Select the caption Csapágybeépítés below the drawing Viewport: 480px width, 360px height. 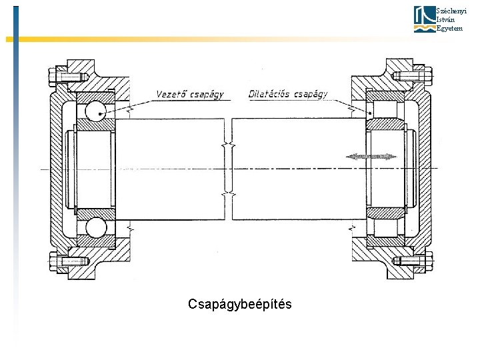click(x=239, y=305)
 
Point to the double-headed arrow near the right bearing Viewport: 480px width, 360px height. click(x=371, y=157)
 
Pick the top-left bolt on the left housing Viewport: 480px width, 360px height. click(x=69, y=76)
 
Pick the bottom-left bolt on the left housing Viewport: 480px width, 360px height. click(x=69, y=262)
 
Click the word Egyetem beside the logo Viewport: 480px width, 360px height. click(x=449, y=29)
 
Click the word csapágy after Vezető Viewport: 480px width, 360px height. click(x=208, y=95)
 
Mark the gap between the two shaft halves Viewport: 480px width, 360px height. click(x=229, y=169)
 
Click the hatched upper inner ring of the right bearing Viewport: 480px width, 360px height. click(x=383, y=125)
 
